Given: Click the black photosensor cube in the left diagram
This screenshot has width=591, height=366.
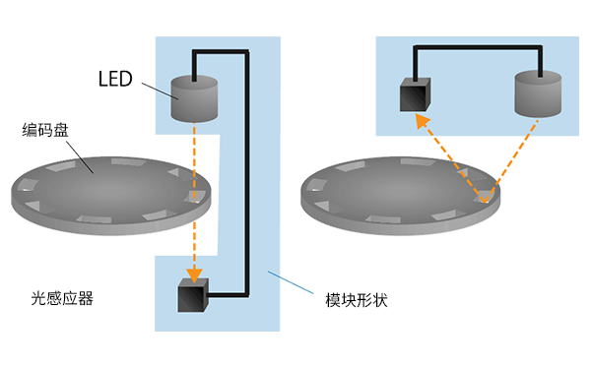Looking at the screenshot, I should (x=193, y=296).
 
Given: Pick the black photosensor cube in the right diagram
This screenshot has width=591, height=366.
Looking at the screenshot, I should (x=413, y=96).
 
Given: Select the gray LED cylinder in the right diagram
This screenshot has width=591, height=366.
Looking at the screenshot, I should (x=538, y=93).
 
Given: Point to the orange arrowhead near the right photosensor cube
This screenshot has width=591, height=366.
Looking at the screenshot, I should (x=421, y=120).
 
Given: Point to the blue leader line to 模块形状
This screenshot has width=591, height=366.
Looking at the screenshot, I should (x=295, y=284).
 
